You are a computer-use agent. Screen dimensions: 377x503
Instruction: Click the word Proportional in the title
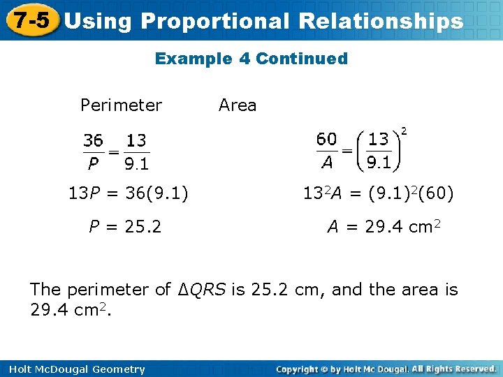214,22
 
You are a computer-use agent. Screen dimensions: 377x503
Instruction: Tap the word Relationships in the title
380,22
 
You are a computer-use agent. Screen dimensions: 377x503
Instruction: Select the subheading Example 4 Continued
251,59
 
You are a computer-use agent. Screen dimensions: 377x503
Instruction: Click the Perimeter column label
121,105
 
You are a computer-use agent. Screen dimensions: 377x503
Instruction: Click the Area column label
238,105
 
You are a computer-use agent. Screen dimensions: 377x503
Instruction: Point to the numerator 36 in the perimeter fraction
94,141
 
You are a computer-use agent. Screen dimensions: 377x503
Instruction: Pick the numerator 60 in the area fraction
326,139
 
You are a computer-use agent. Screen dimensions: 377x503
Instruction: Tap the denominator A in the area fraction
326,163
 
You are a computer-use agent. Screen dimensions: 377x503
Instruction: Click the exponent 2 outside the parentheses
404,131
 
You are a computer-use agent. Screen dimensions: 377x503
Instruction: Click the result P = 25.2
125,226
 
